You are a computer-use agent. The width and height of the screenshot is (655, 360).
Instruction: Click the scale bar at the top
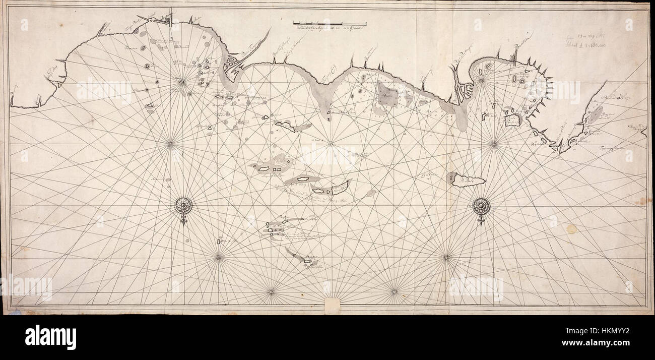point(330,23)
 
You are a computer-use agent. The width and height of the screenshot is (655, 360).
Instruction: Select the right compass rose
point(482,205)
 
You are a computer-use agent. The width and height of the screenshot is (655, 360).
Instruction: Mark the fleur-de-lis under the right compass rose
point(482,220)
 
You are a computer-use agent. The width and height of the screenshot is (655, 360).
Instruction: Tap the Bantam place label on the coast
point(523,52)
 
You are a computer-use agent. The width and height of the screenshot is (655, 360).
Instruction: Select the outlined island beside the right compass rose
point(466,179)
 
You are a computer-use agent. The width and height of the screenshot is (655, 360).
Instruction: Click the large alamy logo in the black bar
point(50,337)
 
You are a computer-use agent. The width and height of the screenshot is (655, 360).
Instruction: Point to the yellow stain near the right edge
point(571,228)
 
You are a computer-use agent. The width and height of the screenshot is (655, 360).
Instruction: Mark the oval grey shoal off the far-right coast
point(595,114)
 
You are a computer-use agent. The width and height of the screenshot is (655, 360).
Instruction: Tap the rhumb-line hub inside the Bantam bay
point(481,79)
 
